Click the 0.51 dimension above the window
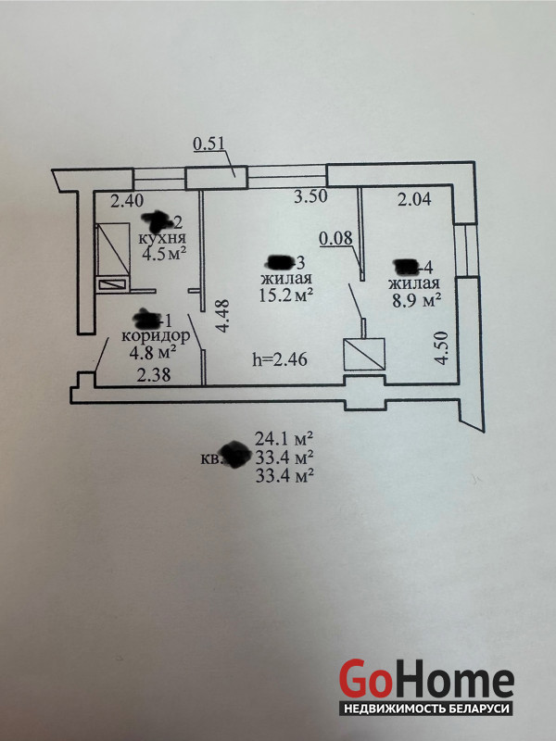pos(208,143)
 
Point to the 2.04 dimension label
pos(414,197)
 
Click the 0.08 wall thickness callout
pos(335,239)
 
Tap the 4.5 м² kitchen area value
pos(164,256)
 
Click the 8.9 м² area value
pos(414,300)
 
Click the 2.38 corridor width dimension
pos(154,376)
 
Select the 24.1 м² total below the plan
pos(284,438)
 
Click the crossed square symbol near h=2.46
pos(363,356)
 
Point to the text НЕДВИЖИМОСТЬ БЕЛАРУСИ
pos(426,709)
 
